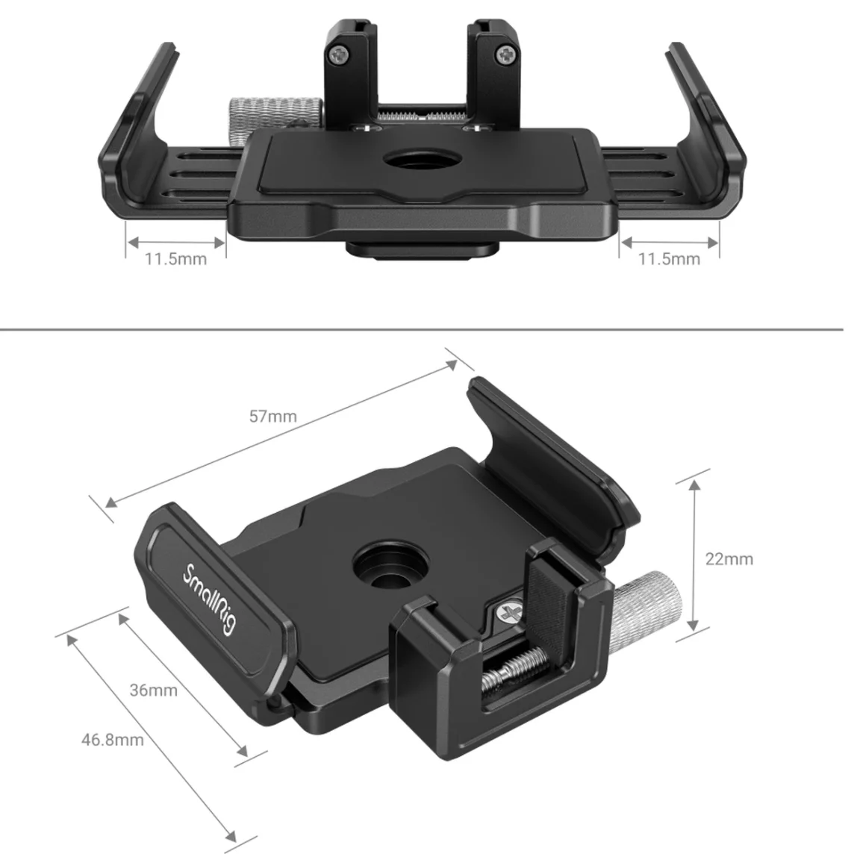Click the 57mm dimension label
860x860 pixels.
click(x=272, y=417)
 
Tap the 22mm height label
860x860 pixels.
click(x=729, y=559)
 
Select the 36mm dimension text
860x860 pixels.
click(x=154, y=690)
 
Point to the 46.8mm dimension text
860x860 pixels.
click(x=113, y=740)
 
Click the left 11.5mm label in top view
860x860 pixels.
click(x=175, y=259)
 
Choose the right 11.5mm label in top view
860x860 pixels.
click(x=669, y=259)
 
